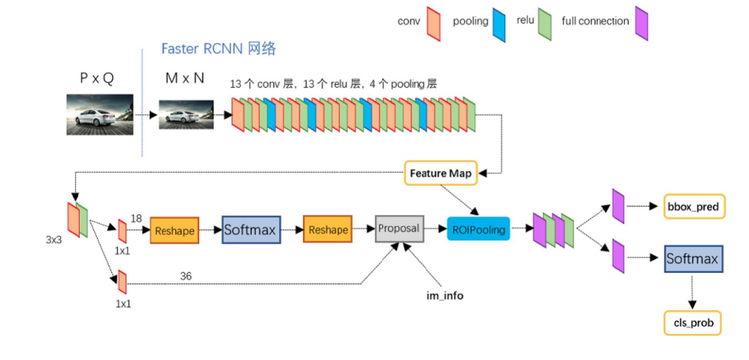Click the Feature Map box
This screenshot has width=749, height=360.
point(440,174)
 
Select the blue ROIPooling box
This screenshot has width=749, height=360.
point(478,228)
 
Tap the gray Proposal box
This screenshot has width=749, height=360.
point(398,228)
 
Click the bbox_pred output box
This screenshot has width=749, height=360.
point(693,207)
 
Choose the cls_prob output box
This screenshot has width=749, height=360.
point(692,323)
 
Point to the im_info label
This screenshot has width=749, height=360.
point(444,295)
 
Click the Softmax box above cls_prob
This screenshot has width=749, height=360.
point(693,260)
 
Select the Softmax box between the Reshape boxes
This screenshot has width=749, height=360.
point(251,230)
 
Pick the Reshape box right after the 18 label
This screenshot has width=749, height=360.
point(174,231)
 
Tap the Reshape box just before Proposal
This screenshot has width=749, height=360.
point(327,230)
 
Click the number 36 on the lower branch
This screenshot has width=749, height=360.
point(186,276)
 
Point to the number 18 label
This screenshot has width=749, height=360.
point(136,217)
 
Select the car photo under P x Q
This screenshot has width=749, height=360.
point(99,114)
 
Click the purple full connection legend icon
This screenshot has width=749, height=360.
point(641,23)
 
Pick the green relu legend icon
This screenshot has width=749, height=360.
point(544,23)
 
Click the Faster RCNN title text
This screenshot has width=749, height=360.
point(218,49)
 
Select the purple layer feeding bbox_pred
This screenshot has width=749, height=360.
point(618,206)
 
